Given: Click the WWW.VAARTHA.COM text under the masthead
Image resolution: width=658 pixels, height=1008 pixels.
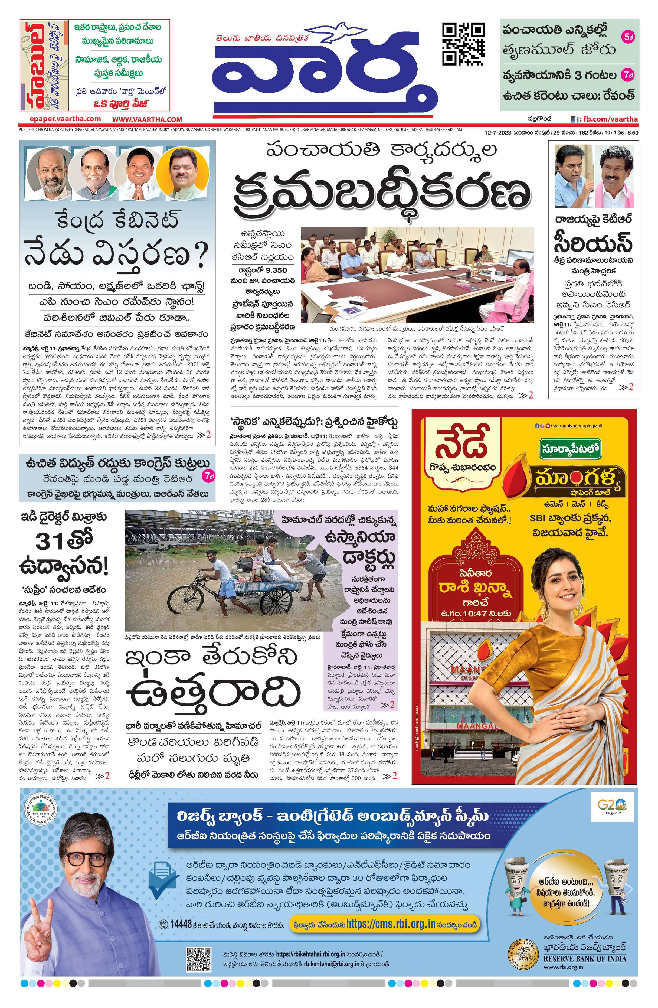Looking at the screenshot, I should click(147, 119).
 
